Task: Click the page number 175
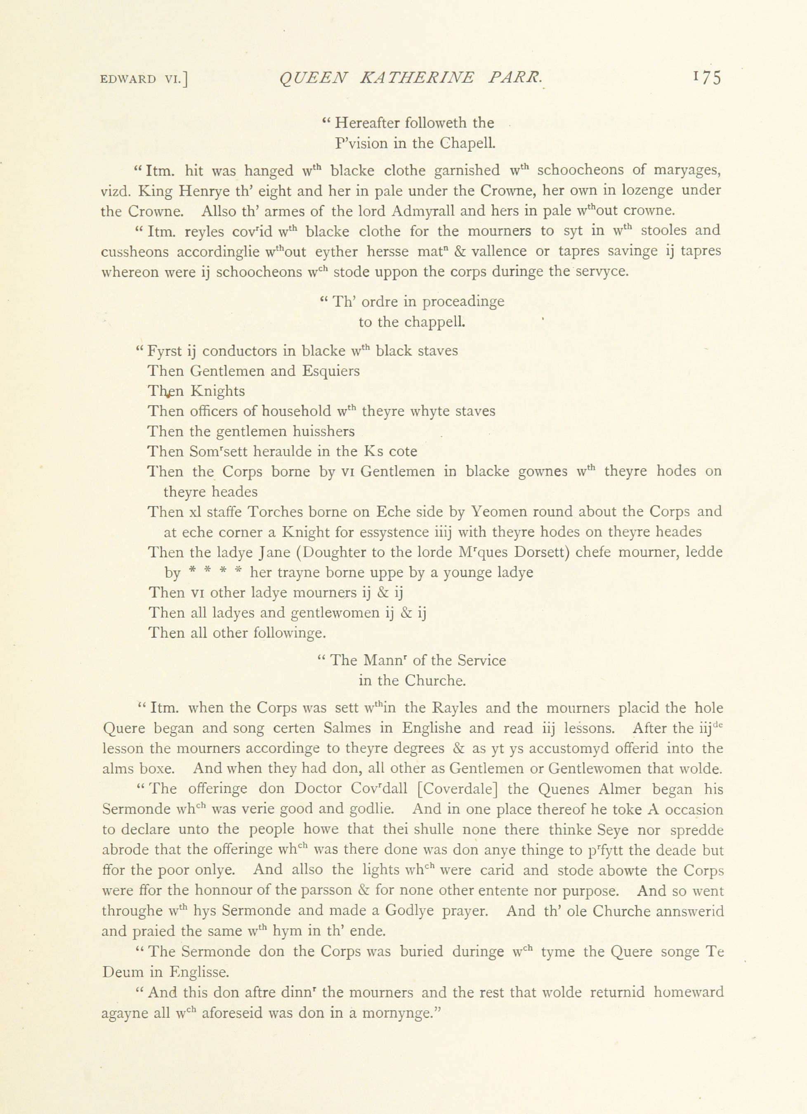pos(707,78)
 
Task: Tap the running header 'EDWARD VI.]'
pos(144,80)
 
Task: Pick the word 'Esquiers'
pos(330,371)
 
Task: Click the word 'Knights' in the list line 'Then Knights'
pos(217,391)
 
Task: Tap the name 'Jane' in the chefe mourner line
pos(275,552)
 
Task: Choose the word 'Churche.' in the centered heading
pos(435,681)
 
